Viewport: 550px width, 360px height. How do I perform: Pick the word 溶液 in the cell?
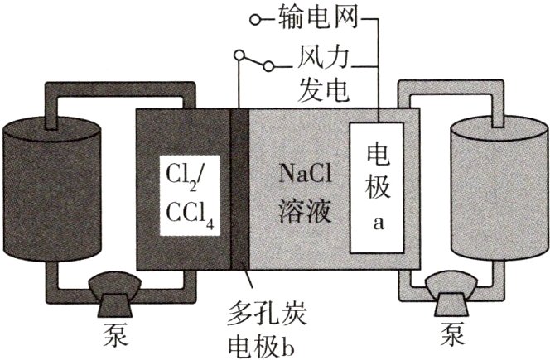click(304, 212)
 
